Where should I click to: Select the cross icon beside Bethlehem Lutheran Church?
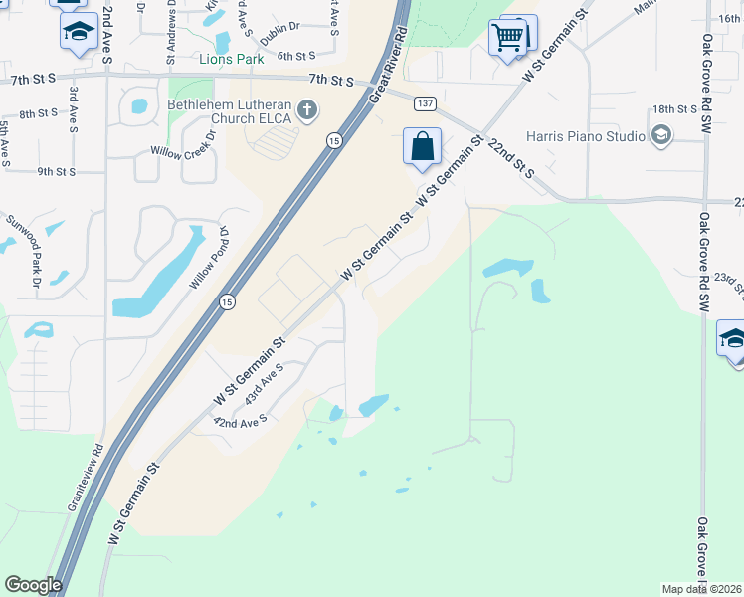(x=307, y=110)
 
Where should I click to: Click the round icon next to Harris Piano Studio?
(x=659, y=135)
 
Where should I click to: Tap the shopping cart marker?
(x=508, y=39)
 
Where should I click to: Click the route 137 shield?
(x=425, y=103)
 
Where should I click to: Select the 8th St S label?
(x=40, y=114)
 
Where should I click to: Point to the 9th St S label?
(x=57, y=171)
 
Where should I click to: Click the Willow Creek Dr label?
(x=182, y=149)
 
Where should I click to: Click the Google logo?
(x=33, y=585)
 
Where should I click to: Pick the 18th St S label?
(x=674, y=109)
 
